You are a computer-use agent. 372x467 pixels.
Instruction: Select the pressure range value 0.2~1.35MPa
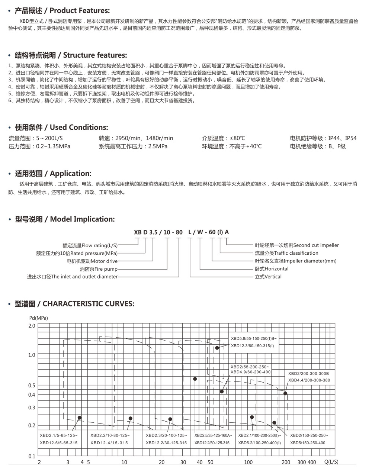point(53,146)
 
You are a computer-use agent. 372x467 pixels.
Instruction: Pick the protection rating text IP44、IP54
point(342,138)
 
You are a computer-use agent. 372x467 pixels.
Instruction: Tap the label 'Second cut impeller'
point(316,245)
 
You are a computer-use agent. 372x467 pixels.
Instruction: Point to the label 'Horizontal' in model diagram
point(276,269)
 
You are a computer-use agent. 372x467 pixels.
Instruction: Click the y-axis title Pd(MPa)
point(38,318)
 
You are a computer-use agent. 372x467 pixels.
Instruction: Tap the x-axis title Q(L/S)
point(331,462)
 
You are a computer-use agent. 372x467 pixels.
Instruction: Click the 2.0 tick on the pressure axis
point(32,326)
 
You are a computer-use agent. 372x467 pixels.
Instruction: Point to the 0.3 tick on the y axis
point(32,408)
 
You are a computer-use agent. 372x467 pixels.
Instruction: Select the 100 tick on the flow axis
point(248,462)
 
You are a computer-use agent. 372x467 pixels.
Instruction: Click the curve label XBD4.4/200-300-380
point(309,380)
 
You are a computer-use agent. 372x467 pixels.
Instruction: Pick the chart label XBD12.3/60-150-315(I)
point(252,346)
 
